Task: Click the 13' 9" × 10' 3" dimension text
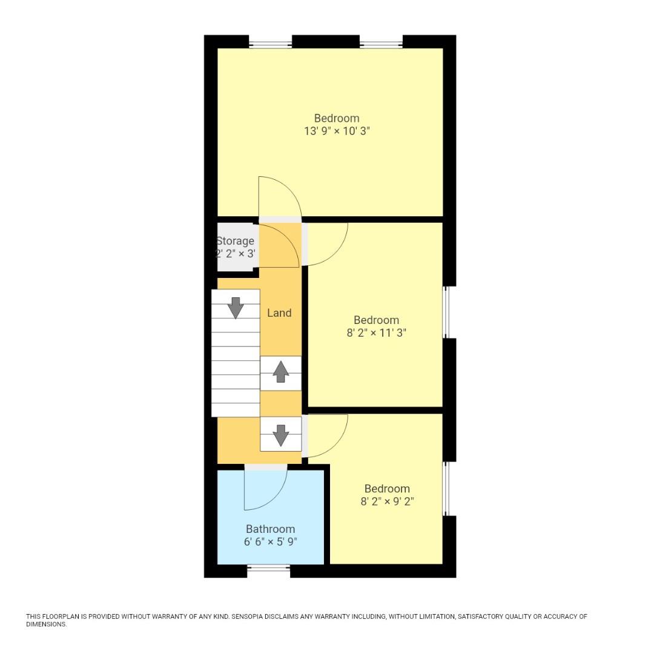tap(337, 131)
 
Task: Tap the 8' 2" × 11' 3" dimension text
tap(376, 332)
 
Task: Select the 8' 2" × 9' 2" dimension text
tap(387, 501)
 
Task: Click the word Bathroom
tap(270, 529)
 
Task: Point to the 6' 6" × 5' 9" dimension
tap(270, 542)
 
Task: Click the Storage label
tap(235, 241)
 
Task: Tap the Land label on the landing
tap(279, 313)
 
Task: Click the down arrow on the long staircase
tap(236, 308)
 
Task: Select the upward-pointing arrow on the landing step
tap(280, 372)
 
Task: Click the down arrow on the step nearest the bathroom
tap(280, 435)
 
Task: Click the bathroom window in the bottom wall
tap(268, 568)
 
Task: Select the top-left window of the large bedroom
tap(270, 44)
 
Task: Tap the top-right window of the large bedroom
tap(381, 44)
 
